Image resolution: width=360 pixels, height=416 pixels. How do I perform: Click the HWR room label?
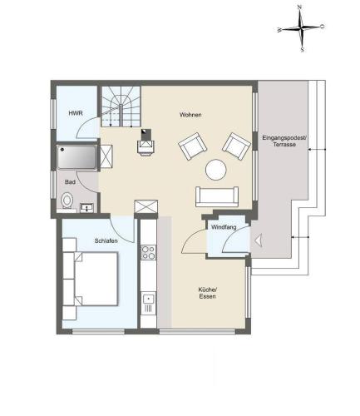[x=76, y=113]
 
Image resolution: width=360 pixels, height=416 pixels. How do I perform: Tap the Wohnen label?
[x=190, y=115]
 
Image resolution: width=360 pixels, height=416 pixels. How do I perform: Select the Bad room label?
[x=70, y=182]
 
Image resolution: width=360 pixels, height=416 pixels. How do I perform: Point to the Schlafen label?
[x=106, y=240]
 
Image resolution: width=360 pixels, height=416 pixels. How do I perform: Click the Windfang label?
[x=224, y=227]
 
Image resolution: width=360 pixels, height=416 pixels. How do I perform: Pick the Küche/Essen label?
[x=207, y=293]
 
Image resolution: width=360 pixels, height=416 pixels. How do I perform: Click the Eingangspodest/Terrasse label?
[x=284, y=141]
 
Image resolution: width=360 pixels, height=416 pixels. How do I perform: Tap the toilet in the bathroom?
[x=67, y=201]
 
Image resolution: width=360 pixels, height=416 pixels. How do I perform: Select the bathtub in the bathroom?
[x=76, y=156]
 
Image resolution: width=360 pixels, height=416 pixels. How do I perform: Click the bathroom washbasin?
[x=87, y=208]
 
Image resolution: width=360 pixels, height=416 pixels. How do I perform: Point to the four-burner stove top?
[x=149, y=252]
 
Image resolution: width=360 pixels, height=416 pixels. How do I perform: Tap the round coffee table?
[x=216, y=170]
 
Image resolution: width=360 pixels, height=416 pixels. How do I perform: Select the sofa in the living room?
[x=217, y=196]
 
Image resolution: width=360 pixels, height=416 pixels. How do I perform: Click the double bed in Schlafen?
[x=96, y=279]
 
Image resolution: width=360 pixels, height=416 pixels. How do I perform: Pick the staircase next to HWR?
[x=121, y=106]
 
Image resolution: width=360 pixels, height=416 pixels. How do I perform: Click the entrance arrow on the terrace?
[x=258, y=240]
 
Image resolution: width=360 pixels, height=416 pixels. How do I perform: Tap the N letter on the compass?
[x=299, y=7]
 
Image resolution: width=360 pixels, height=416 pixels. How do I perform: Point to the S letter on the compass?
[x=303, y=50]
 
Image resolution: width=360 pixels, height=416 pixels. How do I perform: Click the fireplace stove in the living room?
[x=146, y=142]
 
